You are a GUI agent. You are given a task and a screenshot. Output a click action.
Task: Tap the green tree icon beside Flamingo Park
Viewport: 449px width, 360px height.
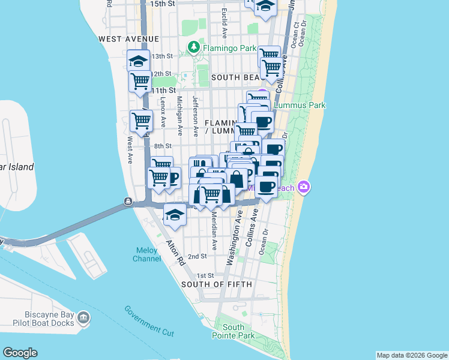194,47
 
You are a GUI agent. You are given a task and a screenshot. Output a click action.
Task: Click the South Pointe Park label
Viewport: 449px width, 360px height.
233,331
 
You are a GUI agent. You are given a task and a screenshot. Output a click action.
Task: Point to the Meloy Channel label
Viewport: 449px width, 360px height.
147,254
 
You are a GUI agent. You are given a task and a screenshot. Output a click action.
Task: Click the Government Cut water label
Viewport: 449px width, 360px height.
149,320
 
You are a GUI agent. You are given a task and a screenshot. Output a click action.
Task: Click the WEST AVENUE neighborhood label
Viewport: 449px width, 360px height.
128,38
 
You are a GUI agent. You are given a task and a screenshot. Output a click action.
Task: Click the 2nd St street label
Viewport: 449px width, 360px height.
197,256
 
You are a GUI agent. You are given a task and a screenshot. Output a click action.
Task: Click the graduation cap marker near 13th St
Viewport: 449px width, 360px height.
138,61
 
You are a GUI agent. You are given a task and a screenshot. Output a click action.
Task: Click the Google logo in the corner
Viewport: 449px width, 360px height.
20,353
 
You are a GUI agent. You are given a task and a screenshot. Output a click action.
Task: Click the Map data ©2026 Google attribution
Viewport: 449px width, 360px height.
412,355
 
